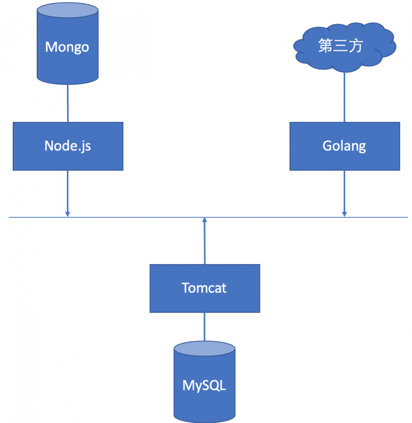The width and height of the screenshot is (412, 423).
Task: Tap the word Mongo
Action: [x=67, y=47]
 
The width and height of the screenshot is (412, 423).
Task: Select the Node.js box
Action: [x=68, y=146]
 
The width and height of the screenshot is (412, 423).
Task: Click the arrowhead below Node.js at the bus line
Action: [x=68, y=214]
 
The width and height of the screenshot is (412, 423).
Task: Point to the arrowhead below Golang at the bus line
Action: [x=344, y=214]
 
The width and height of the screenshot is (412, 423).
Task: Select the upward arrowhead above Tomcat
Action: [x=204, y=220]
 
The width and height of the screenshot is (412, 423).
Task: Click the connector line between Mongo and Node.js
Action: [x=68, y=103]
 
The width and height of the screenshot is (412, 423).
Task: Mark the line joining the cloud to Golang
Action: [x=344, y=97]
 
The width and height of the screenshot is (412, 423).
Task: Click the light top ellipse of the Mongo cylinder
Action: [x=68, y=12]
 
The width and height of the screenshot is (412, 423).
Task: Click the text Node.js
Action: [x=68, y=146]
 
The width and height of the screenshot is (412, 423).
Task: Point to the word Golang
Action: [x=344, y=146]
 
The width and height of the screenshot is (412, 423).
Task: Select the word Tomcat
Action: [x=205, y=287]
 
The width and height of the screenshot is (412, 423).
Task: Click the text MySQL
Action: [x=205, y=386]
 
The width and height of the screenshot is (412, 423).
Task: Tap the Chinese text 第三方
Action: [x=341, y=46]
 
